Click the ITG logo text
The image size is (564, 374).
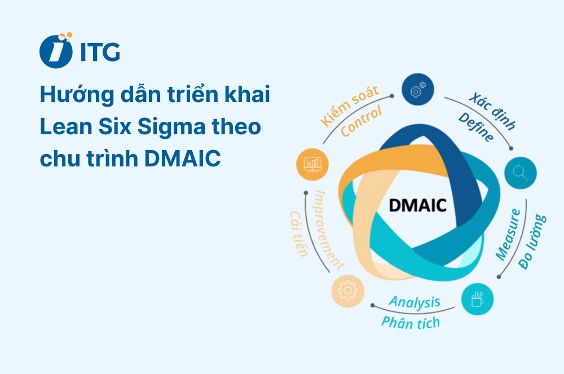(100, 52)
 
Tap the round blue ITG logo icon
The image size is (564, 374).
(56, 51)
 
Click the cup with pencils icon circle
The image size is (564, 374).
(477, 298)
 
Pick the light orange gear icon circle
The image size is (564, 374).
(348, 291)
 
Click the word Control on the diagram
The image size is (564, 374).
(361, 120)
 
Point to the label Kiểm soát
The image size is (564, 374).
(349, 105)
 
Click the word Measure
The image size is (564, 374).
(508, 235)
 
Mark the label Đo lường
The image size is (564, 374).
(532, 241)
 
